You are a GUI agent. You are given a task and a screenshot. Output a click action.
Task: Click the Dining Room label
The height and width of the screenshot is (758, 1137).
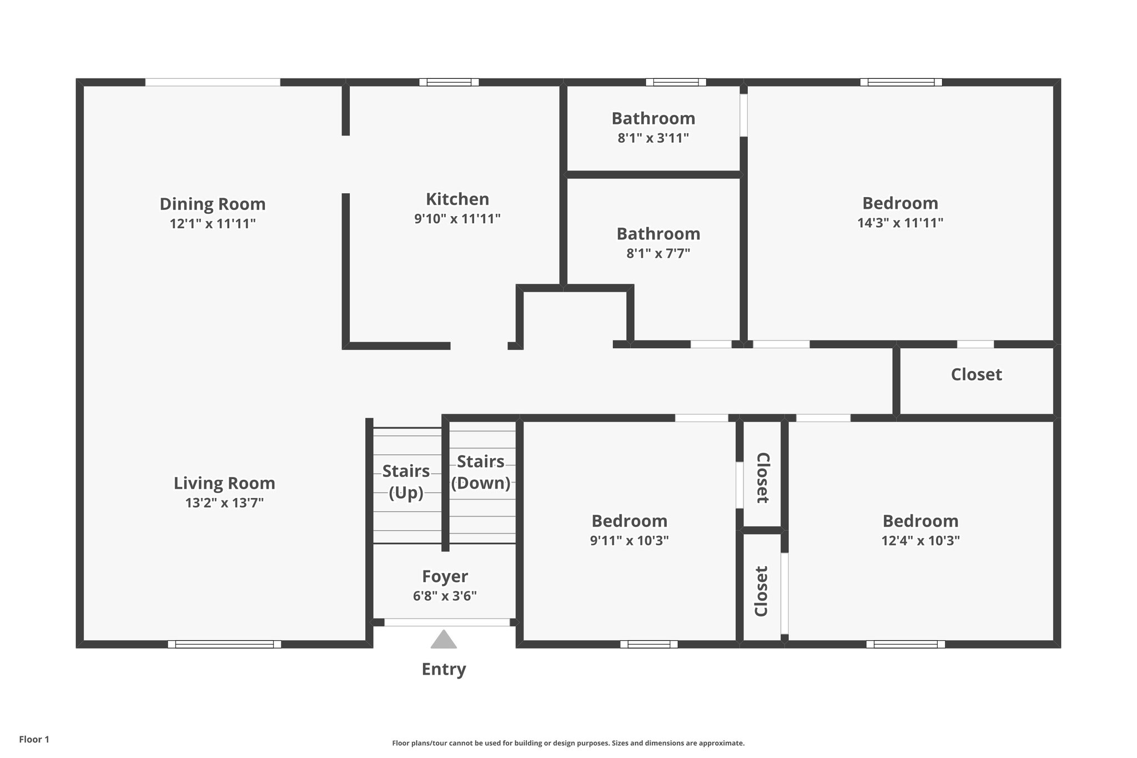click(213, 204)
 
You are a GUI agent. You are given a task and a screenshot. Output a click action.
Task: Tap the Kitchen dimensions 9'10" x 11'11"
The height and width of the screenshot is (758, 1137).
click(457, 219)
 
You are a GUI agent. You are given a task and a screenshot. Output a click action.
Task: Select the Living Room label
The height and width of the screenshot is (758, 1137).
click(224, 483)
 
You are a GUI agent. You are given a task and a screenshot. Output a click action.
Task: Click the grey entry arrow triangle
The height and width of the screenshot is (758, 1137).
click(444, 640)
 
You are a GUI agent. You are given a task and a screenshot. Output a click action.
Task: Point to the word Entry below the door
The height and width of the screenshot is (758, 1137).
click(444, 669)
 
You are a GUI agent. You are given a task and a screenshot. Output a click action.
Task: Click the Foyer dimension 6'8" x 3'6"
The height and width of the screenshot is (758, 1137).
click(445, 596)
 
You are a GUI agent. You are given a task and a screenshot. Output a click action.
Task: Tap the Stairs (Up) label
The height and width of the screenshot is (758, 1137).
click(406, 481)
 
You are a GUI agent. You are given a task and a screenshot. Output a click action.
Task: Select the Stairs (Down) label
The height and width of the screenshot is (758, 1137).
click(481, 472)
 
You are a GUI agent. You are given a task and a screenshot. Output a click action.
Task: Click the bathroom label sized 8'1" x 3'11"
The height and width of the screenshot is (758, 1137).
click(653, 118)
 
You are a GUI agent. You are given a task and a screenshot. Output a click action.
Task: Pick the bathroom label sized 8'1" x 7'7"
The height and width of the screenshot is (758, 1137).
click(658, 234)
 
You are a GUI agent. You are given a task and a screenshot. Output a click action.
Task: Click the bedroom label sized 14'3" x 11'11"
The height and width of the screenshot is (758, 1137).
click(900, 203)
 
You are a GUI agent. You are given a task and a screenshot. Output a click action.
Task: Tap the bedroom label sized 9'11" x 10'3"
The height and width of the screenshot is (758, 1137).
click(629, 521)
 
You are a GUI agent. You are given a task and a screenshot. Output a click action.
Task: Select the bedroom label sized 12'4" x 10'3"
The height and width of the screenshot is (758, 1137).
click(920, 521)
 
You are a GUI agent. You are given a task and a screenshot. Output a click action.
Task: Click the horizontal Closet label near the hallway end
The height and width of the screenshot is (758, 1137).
click(976, 374)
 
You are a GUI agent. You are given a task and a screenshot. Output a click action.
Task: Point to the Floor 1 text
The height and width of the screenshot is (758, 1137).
click(34, 739)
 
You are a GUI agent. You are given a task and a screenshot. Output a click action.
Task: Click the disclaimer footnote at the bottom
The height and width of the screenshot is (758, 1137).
click(568, 743)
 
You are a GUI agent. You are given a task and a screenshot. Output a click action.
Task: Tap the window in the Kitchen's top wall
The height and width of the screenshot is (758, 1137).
click(449, 82)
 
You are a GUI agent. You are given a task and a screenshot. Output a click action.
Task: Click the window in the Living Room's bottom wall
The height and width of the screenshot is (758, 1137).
click(224, 644)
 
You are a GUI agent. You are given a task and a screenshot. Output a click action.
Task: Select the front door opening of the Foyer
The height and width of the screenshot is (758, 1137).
click(447, 623)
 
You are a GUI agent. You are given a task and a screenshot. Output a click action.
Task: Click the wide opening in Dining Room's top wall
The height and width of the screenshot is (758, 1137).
click(213, 82)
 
